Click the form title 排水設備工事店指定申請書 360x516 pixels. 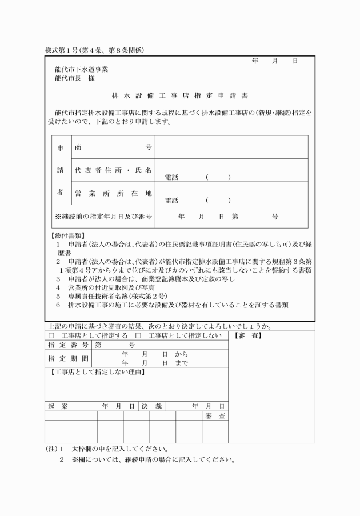coord(179,95)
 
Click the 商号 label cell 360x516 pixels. coord(113,147)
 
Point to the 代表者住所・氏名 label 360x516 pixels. coord(113,170)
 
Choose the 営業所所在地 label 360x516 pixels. coord(113,193)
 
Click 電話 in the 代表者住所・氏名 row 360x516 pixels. coord(171,178)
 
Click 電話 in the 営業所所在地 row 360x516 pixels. coord(171,201)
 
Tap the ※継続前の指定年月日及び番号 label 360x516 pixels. coord(103,217)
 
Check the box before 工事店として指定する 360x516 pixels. coord(51,335)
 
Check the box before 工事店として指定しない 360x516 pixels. coord(138,335)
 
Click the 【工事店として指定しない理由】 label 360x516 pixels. coord(95,372)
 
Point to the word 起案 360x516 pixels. coord(58,406)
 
